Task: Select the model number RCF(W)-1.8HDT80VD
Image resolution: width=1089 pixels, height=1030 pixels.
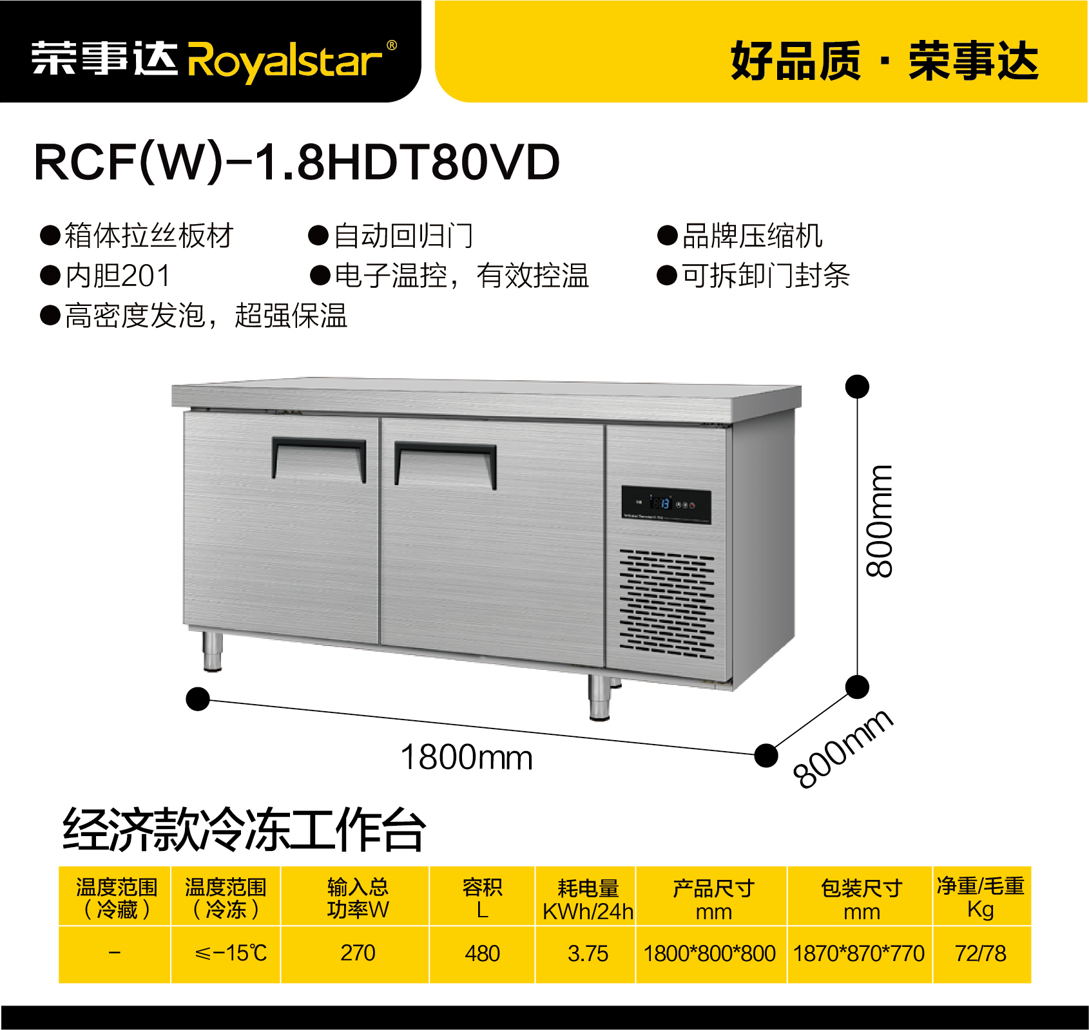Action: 297,162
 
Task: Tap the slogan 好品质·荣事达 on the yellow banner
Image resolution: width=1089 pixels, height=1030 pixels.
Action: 884,61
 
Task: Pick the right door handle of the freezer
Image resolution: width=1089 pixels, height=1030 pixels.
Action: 445,464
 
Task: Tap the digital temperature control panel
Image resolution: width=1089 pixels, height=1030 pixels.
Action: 666,504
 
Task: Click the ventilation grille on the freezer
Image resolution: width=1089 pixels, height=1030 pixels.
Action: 667,604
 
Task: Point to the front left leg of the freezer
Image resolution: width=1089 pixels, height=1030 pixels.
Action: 212,651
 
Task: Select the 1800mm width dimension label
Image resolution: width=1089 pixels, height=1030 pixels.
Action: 467,758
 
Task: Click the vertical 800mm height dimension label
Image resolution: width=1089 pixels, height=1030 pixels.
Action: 880,520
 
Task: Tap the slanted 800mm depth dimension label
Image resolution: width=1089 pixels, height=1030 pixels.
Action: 843,748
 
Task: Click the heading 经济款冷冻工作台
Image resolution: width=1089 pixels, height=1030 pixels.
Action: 244,830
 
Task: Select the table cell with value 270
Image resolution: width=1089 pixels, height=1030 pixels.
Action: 358,953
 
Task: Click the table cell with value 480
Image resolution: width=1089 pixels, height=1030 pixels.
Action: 482,953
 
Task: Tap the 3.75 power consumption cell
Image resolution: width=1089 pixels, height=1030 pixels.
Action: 588,953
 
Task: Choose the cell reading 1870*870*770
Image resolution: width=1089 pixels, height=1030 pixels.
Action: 859,953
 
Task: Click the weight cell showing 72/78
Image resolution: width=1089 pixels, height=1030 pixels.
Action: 981,953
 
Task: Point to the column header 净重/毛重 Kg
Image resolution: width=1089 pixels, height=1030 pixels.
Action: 981,897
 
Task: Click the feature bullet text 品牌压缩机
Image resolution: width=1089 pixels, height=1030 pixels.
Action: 753,236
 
